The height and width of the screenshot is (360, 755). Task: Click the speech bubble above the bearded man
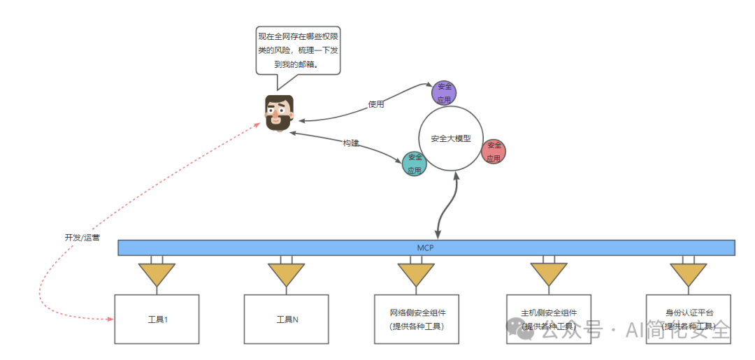pyautogui.click(x=299, y=50)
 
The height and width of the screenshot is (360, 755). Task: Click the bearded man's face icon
pyautogui.click(x=279, y=113)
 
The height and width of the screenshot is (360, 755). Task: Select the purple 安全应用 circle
pyautogui.click(x=444, y=93)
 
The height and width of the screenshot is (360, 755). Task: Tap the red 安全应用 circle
pyautogui.click(x=494, y=151)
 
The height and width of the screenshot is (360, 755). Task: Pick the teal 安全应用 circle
pyautogui.click(x=415, y=164)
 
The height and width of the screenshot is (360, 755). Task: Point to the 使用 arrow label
pyautogui.click(x=376, y=104)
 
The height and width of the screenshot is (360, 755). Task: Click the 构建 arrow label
pyautogui.click(x=350, y=143)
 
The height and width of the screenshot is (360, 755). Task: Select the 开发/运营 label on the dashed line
pyautogui.click(x=82, y=238)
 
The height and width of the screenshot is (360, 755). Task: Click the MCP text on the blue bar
pyautogui.click(x=426, y=247)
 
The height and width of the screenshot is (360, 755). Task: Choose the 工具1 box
pyautogui.click(x=157, y=319)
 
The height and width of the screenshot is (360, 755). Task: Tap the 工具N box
pyautogui.click(x=287, y=319)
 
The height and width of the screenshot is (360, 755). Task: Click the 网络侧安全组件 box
pyautogui.click(x=416, y=319)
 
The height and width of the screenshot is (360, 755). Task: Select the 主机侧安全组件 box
pyautogui.click(x=549, y=319)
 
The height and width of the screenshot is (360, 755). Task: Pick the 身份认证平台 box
pyautogui.click(x=689, y=319)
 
